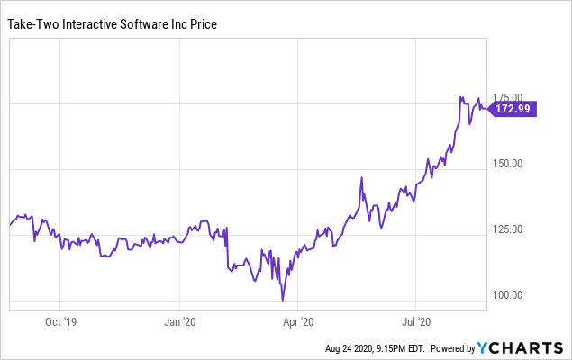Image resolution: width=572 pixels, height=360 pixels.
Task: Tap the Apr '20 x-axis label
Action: click(x=297, y=319)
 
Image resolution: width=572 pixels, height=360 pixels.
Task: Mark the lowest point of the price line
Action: click(x=283, y=301)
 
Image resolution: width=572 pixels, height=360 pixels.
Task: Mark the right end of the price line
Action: click(x=487, y=109)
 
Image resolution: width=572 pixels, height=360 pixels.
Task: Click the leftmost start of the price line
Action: click(x=10, y=225)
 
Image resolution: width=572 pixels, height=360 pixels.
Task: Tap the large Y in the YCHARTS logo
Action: click(x=482, y=347)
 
